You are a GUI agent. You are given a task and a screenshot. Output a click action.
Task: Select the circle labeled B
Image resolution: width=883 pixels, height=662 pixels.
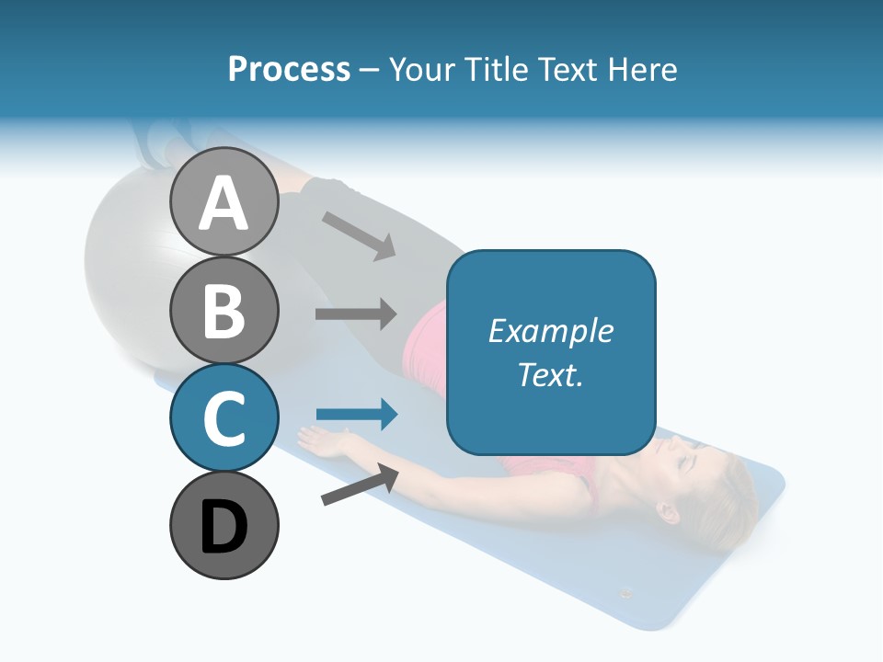point(224,310)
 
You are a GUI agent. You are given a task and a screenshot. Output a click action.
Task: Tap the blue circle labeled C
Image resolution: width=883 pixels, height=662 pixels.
point(224,417)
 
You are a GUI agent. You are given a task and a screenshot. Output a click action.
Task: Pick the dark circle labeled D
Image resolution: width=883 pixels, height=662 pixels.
point(224,525)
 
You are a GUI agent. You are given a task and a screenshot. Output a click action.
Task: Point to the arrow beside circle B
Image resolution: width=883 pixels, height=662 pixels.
point(356,314)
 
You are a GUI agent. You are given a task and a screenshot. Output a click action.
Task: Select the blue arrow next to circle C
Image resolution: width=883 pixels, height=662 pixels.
point(356,415)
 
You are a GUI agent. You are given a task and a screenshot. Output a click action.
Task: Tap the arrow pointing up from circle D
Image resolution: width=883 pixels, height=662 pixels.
point(361,485)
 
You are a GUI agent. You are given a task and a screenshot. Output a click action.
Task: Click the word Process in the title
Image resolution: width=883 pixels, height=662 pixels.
point(289,70)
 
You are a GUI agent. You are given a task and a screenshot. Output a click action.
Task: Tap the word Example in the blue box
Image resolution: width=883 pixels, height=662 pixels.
point(550,331)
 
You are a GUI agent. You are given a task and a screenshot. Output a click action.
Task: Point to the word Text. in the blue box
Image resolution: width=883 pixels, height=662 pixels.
point(550,374)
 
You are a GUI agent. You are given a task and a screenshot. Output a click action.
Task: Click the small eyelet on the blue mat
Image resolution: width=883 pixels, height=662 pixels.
point(626,593)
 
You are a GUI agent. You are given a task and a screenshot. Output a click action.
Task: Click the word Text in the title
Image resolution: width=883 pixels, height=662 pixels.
point(567,70)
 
